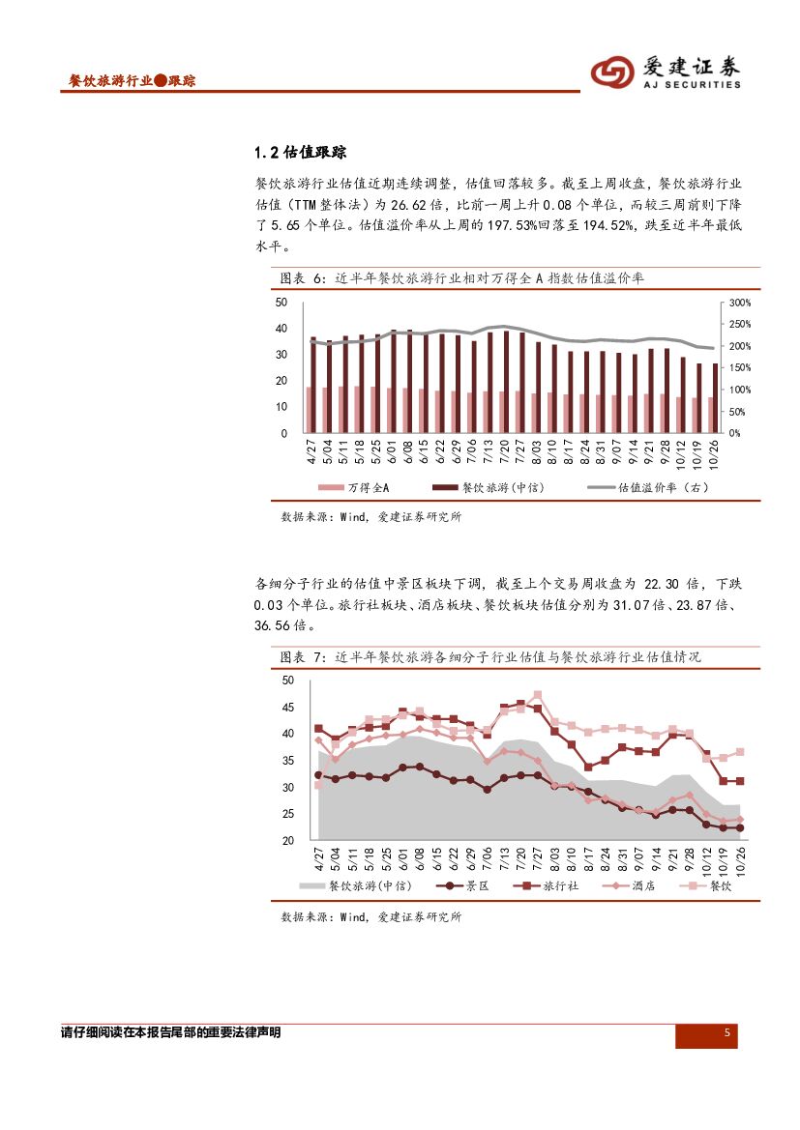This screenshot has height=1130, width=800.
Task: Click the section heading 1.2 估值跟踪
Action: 300,153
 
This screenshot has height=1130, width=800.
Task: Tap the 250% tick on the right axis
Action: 739,324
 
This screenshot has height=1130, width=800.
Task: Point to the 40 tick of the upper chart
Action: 281,329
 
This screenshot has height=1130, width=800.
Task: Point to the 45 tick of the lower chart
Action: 287,708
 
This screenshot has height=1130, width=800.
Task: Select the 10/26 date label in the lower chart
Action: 739,859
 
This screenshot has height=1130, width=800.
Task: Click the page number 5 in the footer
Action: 726,1034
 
